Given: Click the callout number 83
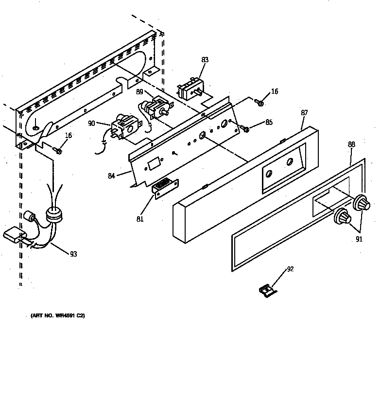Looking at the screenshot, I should pos(205,60).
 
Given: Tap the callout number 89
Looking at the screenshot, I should pos(139,91).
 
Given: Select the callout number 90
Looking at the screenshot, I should pos(91,123).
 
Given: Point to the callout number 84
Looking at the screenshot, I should pos(111,175).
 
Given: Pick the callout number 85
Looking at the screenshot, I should pos(269,122).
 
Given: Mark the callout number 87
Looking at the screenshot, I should pos(304,113).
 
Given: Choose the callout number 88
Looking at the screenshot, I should pos(351,144).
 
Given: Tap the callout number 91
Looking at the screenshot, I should pos(359,239).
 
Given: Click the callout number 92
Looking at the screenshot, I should pos(291,268).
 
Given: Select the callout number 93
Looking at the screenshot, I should pos(73,254).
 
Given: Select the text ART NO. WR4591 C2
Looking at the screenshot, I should pos(58,316).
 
